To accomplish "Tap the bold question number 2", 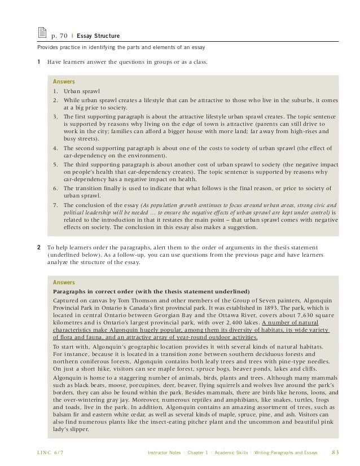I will pos(38,246).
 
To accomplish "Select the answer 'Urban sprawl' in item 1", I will pos(82,90).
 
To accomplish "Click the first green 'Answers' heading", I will pos(64,81).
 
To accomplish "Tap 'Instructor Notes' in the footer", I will pos(164,451).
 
